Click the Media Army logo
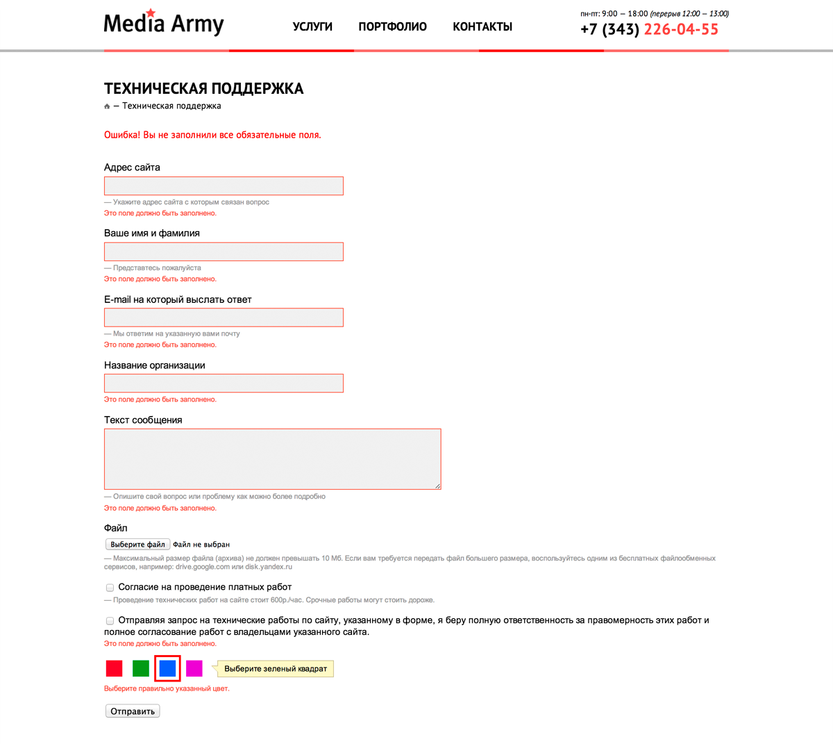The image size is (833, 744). pyautogui.click(x=164, y=24)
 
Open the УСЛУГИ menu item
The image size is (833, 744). pyautogui.click(x=312, y=26)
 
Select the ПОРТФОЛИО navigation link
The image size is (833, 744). pyautogui.click(x=392, y=26)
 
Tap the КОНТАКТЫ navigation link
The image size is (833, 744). pyautogui.click(x=482, y=26)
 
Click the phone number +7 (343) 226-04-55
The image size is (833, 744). pyautogui.click(x=649, y=29)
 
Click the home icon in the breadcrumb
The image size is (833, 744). pyautogui.click(x=107, y=106)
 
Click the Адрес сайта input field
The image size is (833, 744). pyautogui.click(x=224, y=185)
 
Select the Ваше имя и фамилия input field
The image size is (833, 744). pyautogui.click(x=224, y=251)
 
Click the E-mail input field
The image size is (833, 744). pyautogui.click(x=224, y=317)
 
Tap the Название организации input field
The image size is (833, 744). pyautogui.click(x=224, y=383)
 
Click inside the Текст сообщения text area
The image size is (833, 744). pyautogui.click(x=272, y=458)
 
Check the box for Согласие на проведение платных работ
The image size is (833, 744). pyautogui.click(x=110, y=588)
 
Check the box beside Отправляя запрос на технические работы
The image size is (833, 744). pyautogui.click(x=110, y=621)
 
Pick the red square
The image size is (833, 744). pyautogui.click(x=114, y=668)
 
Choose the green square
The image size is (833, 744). pyautogui.click(x=141, y=668)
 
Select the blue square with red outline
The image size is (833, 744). pyautogui.click(x=167, y=668)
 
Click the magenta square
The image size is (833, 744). pyautogui.click(x=194, y=668)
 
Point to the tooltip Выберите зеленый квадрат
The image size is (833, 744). pyautogui.click(x=276, y=669)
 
